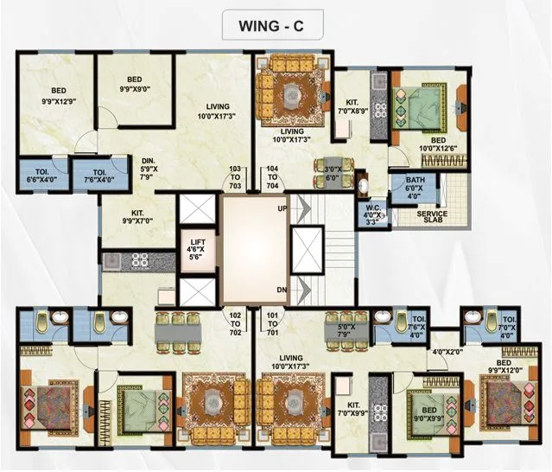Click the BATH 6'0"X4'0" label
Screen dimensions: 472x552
click(x=416, y=188)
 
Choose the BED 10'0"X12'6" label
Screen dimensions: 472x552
click(x=438, y=146)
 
